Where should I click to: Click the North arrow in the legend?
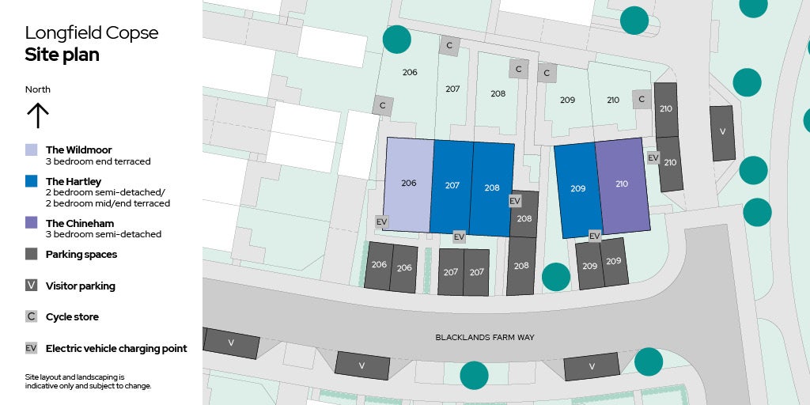point(37,115)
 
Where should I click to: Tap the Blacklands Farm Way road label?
point(485,338)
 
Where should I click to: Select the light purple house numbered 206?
point(408,184)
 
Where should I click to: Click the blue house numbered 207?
point(452,187)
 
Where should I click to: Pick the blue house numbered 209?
point(578,190)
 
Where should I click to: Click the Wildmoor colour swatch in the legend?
point(31,150)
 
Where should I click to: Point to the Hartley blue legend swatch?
point(31,181)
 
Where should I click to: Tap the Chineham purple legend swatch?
point(31,223)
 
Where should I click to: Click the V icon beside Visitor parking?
point(31,286)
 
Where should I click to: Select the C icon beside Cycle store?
point(31,316)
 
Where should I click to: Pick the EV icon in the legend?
point(31,348)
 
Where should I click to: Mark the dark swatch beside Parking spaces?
point(31,255)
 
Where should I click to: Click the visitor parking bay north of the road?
point(722,132)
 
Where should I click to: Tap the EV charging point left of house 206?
point(381,222)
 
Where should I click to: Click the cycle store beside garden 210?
point(642,100)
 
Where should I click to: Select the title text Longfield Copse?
point(92,33)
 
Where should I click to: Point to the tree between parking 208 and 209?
point(556,276)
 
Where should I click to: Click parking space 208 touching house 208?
point(524,218)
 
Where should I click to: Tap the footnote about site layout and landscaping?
point(88,381)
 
